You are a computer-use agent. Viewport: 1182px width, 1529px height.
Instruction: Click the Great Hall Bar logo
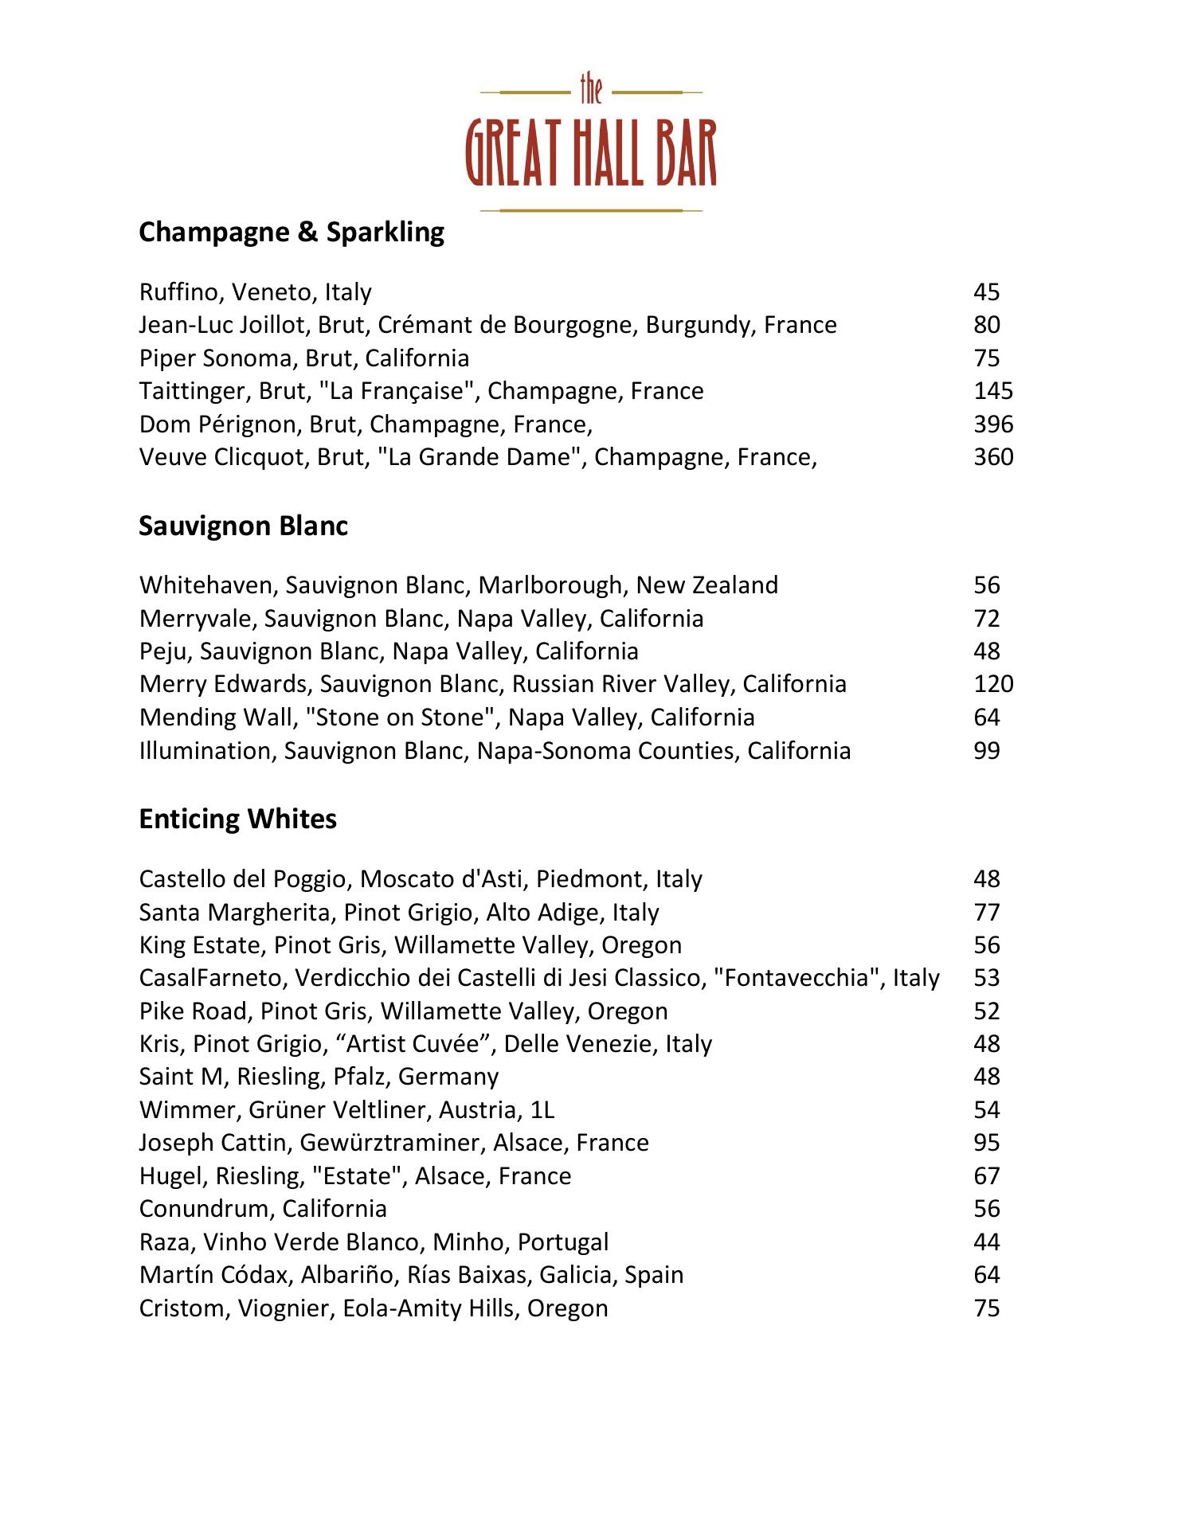pyautogui.click(x=591, y=145)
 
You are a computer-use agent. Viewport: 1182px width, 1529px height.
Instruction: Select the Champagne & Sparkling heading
pyautogui.click(x=292, y=233)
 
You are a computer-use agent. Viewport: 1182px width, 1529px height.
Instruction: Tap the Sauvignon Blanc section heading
pyautogui.click(x=243, y=526)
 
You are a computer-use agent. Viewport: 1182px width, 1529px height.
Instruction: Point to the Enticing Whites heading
pyautogui.click(x=237, y=819)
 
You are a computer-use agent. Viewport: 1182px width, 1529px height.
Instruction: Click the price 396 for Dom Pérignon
pyautogui.click(x=993, y=424)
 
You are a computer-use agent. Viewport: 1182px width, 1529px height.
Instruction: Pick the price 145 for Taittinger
pyautogui.click(x=993, y=391)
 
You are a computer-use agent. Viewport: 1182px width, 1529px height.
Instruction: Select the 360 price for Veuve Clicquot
pyautogui.click(x=993, y=457)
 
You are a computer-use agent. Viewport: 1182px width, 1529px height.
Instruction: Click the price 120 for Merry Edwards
pyautogui.click(x=993, y=684)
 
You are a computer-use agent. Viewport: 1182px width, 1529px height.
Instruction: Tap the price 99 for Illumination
pyautogui.click(x=986, y=751)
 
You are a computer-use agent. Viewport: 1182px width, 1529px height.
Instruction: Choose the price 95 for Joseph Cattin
pyautogui.click(x=986, y=1143)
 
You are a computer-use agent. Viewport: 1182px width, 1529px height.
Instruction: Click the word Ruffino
pyautogui.click(x=181, y=292)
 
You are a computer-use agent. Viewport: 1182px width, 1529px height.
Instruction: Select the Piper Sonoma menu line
pyautogui.click(x=303, y=358)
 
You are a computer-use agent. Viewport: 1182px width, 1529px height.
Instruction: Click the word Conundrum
pyautogui.click(x=206, y=1209)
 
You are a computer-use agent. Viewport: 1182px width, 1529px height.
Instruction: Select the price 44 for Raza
pyautogui.click(x=986, y=1242)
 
